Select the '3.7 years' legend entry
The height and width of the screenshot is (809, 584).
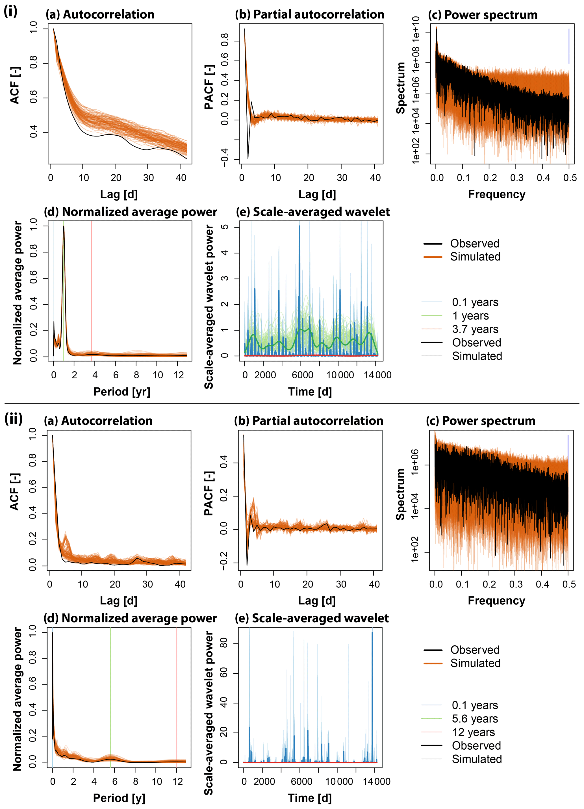click(475, 329)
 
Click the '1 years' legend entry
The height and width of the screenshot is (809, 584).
click(470, 316)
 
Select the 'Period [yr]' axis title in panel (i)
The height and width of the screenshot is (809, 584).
click(122, 392)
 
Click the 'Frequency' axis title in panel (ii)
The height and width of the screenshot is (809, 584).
click(496, 601)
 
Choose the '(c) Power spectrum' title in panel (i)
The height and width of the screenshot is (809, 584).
click(482, 15)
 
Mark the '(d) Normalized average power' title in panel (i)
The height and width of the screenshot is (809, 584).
click(130, 212)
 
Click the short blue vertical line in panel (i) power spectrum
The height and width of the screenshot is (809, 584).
click(569, 46)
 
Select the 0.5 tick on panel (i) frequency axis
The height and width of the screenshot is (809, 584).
click(570, 178)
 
